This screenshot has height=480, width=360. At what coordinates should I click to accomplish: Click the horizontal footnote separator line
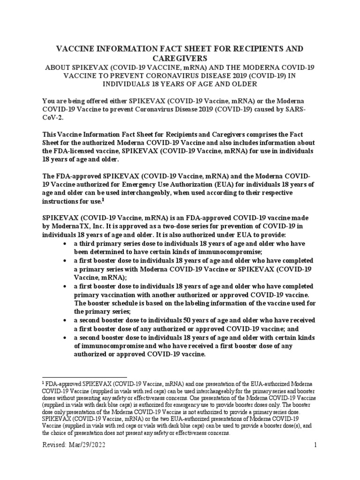pos(84,376)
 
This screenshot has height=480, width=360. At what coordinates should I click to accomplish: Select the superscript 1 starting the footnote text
pos(44,383)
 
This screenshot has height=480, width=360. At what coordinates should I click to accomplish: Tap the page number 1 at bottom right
pos(316,446)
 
